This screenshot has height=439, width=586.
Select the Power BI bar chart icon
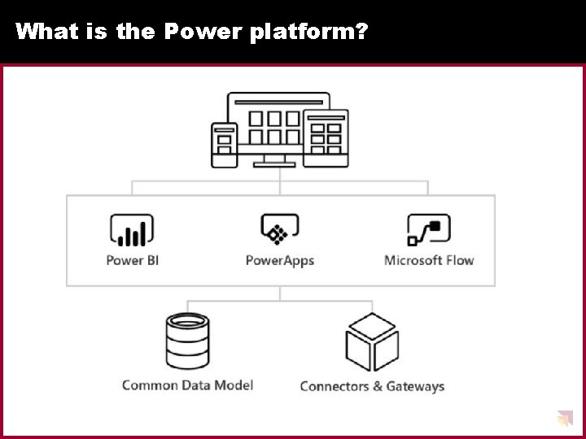click(131, 230)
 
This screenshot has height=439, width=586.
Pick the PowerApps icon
click(279, 230)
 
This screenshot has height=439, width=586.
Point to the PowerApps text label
click(279, 260)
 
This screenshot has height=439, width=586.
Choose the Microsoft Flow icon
click(428, 230)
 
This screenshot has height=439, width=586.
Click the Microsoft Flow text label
click(428, 260)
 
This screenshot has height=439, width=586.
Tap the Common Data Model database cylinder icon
click(187, 341)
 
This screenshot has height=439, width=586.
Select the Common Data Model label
click(187, 385)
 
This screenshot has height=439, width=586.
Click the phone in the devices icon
click(224, 145)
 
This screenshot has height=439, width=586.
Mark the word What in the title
click(41, 32)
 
